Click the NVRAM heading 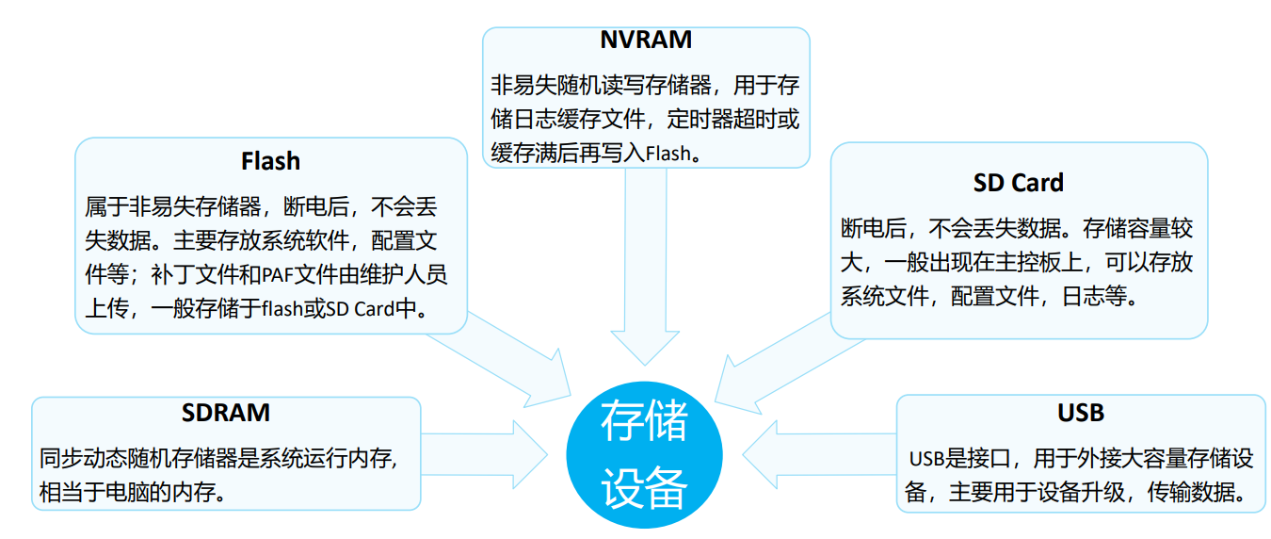pyautogui.click(x=646, y=40)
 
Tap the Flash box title pyautogui.click(x=270, y=161)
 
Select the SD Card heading pyautogui.click(x=1018, y=182)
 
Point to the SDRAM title pyautogui.click(x=226, y=413)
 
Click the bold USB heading pyautogui.click(x=1080, y=413)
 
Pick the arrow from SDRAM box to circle pyautogui.click(x=490, y=453)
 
